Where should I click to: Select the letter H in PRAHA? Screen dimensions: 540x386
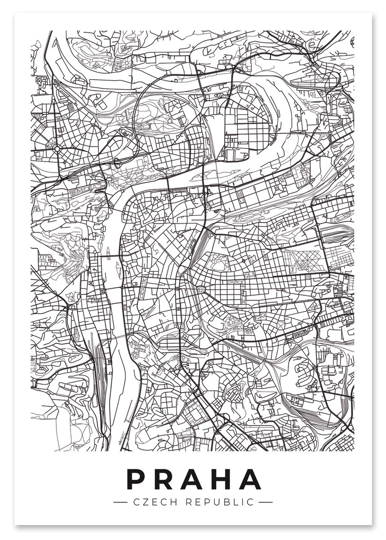click(221, 479)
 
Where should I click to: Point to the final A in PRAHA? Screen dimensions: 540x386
click(250, 479)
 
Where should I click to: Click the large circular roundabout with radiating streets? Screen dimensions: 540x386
click(57, 148)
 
